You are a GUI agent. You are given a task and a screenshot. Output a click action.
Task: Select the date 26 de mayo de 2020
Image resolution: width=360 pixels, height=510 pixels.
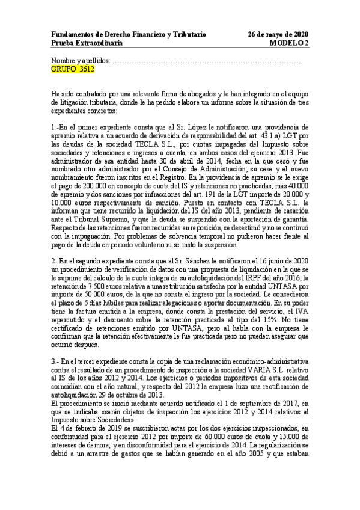tap(278, 35)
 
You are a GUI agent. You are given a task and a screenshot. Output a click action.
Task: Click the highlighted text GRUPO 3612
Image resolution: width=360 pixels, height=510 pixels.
tap(73, 70)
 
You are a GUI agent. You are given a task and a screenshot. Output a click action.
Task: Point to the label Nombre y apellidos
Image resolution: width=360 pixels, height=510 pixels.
tap(81, 61)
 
